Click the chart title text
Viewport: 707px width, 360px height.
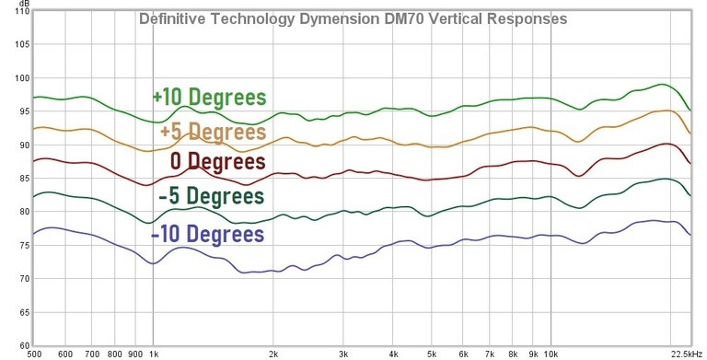coord(353,18)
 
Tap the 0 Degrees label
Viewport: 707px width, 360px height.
coord(218,162)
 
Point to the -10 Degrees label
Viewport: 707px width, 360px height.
coord(207,234)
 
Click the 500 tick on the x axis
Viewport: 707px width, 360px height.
coord(35,353)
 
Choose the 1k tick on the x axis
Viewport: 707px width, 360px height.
coord(153,353)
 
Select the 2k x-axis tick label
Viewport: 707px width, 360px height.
coord(272,353)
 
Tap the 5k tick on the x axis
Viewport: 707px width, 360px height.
coord(430,353)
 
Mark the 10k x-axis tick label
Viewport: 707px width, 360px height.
coord(550,353)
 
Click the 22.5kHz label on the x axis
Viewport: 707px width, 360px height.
coord(686,353)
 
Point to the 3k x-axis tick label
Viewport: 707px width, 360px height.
coord(342,353)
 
